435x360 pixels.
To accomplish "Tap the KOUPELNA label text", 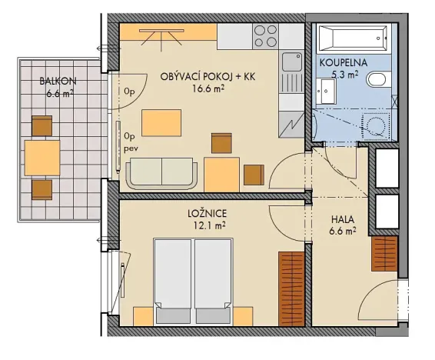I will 343,64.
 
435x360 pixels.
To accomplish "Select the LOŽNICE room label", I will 210,212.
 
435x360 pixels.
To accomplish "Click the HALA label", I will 342,218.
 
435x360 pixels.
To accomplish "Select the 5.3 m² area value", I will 343,75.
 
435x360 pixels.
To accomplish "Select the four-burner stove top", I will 265,35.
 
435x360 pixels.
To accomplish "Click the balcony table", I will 42,158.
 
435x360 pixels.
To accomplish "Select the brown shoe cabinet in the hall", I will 383,254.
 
